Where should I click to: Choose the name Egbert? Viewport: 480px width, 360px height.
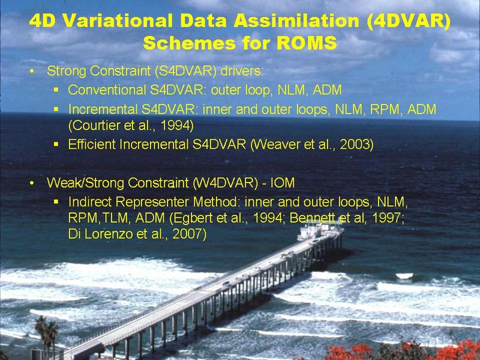point(191,218)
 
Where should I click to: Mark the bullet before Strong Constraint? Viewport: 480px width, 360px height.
point(32,71)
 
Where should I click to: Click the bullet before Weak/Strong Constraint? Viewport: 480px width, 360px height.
point(32,184)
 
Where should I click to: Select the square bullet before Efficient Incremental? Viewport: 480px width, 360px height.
point(56,144)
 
